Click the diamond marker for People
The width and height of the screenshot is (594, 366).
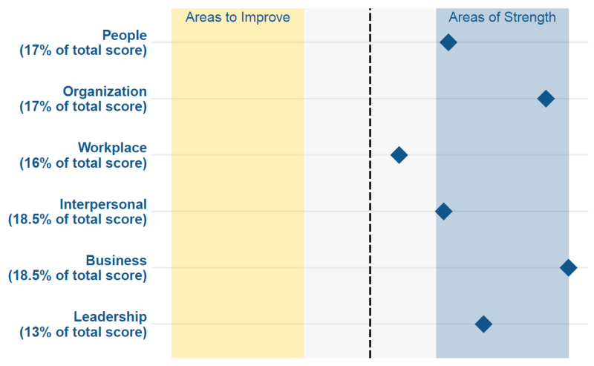[x=448, y=42]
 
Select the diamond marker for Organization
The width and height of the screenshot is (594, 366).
[x=546, y=99]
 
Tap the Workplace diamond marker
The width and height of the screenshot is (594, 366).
[x=399, y=155]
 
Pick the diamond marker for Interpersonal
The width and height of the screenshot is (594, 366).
[x=443, y=211]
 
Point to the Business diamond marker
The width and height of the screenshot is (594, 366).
[x=568, y=267]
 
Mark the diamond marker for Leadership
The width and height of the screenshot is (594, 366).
[x=483, y=324]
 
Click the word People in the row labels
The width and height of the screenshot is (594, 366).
[x=124, y=35]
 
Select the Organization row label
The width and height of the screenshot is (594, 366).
[x=105, y=92]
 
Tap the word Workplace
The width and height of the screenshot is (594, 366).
[x=112, y=148]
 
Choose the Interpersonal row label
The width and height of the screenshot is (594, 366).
[x=103, y=204]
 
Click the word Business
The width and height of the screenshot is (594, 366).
[x=116, y=261]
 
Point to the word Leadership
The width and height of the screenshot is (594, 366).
[x=110, y=317]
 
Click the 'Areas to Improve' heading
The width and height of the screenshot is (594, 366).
[x=238, y=17]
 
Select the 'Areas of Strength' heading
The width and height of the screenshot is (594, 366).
[x=503, y=17]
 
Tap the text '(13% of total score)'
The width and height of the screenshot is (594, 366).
[x=83, y=333]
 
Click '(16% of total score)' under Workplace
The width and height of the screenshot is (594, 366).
[x=83, y=163]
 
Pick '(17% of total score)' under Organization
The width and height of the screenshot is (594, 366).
[x=83, y=107]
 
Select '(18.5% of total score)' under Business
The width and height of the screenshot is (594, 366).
[x=78, y=276]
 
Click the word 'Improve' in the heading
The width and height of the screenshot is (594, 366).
[x=266, y=17]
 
